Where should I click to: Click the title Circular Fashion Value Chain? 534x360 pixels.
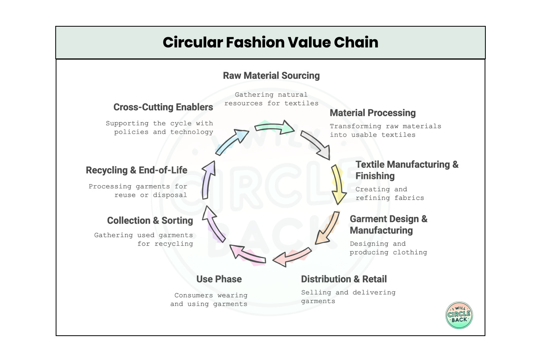tap(270, 42)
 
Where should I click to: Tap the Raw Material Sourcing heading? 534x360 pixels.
tap(271, 76)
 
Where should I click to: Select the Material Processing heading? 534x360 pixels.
tap(372, 113)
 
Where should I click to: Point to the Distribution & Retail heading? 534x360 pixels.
tap(344, 279)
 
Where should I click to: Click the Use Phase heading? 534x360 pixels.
tap(219, 279)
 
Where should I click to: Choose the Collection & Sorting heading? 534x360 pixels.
tap(150, 221)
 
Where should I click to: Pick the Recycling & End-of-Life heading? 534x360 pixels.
tap(136, 170)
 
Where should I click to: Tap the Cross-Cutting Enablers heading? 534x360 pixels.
tap(163, 107)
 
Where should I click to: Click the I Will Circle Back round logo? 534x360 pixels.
tap(459, 315)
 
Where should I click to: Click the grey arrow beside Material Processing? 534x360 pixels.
tap(316, 145)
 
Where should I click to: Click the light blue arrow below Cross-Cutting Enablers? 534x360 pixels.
tap(231, 142)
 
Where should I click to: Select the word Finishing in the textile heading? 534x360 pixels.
tap(375, 176)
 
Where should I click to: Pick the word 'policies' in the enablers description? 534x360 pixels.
tap(131, 132)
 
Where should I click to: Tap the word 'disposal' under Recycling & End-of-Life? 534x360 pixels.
tap(170, 195)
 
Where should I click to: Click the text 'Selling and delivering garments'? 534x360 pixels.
tap(348, 296)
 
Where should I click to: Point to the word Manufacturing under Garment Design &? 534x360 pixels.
tap(381, 231)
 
